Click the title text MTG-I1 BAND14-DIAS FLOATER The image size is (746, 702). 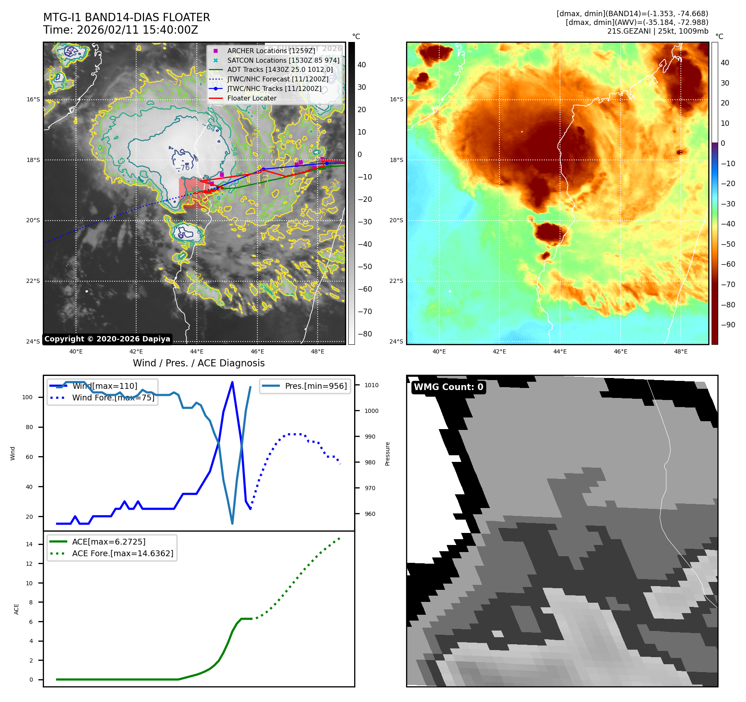tap(127, 17)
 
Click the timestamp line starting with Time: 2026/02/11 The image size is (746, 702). tap(120, 30)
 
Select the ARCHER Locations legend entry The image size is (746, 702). tap(271, 51)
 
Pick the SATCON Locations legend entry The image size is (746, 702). tap(283, 60)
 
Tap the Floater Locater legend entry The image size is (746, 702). tap(252, 98)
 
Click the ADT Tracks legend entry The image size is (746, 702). tap(280, 69)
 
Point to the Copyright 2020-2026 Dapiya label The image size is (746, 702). tap(107, 339)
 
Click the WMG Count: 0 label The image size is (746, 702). tap(448, 387)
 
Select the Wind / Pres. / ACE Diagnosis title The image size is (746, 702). tap(198, 363)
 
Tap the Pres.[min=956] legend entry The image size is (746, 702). tap(316, 386)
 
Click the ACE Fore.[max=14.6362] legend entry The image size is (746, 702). tap(122, 553)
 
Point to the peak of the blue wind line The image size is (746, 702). tap(232, 382)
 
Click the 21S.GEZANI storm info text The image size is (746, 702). tap(658, 31)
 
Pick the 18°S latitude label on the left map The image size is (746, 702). tap(33, 160)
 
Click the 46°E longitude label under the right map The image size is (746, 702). tap(620, 351)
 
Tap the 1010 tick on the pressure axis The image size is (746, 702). tap(372, 385)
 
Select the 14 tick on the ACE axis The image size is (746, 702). tap(29, 544)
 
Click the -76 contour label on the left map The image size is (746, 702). tap(183, 167)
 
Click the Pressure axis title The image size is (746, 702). tap(387, 454)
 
